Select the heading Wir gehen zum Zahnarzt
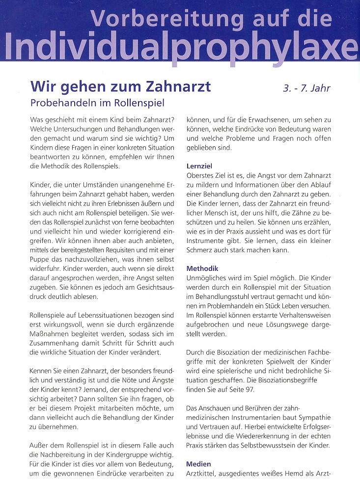[120, 86]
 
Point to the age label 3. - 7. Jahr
[306, 89]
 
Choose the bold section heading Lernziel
[200, 166]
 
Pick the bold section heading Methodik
[202, 268]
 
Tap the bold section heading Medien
[199, 463]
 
